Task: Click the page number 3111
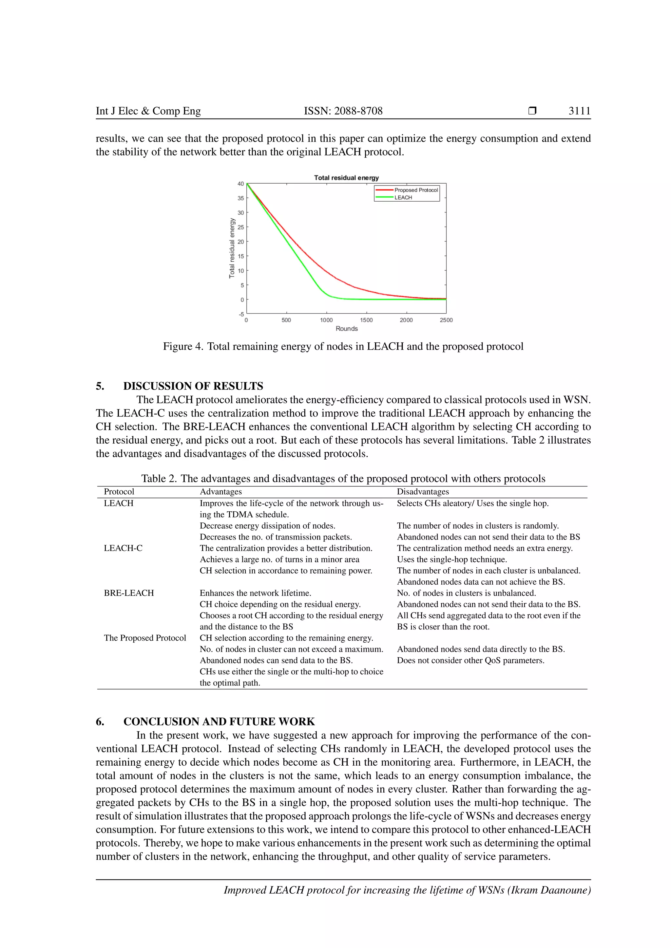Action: point(579,111)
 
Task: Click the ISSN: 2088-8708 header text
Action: point(343,111)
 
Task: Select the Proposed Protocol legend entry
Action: point(416,190)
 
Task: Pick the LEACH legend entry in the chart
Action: point(403,197)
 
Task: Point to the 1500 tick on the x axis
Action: point(366,320)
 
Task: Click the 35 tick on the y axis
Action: point(240,198)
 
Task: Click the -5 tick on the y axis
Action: point(241,314)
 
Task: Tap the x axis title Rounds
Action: point(346,329)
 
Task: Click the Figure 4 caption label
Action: point(182,346)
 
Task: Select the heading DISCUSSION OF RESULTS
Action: point(193,386)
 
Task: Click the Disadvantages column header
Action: point(423,492)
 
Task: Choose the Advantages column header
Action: point(220,492)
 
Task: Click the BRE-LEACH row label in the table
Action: point(128,593)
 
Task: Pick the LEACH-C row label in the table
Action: point(123,548)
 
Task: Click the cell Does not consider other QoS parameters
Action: point(470,660)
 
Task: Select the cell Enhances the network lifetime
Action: point(255,593)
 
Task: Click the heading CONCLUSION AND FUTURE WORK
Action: point(219,722)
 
